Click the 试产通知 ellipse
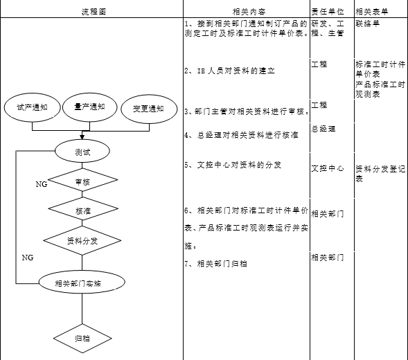click(33, 107)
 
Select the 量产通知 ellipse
click(90, 107)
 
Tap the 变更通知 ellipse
click(149, 109)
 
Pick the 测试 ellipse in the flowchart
click(82, 151)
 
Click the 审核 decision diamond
click(82, 180)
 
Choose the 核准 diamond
click(83, 208)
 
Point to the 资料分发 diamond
click(82, 241)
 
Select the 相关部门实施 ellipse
click(82, 282)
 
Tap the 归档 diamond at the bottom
click(82, 339)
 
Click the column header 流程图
click(94, 12)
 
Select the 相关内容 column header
click(249, 12)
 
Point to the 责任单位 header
click(328, 12)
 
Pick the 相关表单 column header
click(372, 12)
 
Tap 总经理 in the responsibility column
click(323, 129)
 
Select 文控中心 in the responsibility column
click(328, 168)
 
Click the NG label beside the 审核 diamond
click(42, 184)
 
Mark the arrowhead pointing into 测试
click(82, 137)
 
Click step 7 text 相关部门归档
click(215, 264)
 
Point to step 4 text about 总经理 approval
click(242, 135)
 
